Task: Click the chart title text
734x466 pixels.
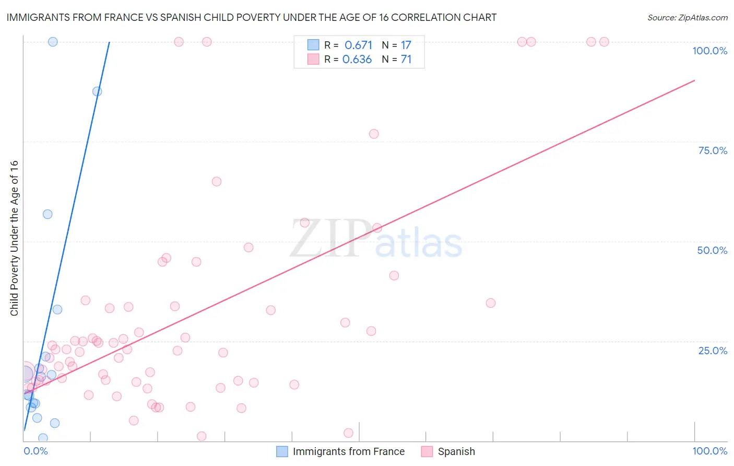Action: (x=251, y=17)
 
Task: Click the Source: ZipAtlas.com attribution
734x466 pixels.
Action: (x=687, y=17)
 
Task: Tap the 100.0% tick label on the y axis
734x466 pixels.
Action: (x=709, y=51)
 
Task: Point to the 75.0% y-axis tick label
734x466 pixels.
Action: (x=713, y=150)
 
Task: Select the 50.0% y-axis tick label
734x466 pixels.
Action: (x=712, y=250)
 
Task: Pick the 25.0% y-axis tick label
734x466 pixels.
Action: (x=713, y=350)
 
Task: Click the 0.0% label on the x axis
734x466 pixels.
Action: (x=35, y=451)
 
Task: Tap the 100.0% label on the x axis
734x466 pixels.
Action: (x=709, y=451)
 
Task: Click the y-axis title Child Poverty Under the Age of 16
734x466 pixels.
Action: (x=15, y=238)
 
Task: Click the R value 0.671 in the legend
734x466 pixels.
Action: (x=358, y=45)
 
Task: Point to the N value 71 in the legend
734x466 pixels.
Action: (x=406, y=60)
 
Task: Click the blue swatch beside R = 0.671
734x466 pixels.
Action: (x=313, y=45)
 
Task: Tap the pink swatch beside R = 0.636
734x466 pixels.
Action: (x=313, y=59)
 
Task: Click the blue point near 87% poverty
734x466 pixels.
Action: (x=97, y=91)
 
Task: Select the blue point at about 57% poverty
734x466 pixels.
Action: (x=48, y=214)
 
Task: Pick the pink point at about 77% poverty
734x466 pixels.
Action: (x=374, y=134)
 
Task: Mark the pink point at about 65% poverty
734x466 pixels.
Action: (x=217, y=181)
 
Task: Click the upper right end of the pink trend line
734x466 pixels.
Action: (x=694, y=80)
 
